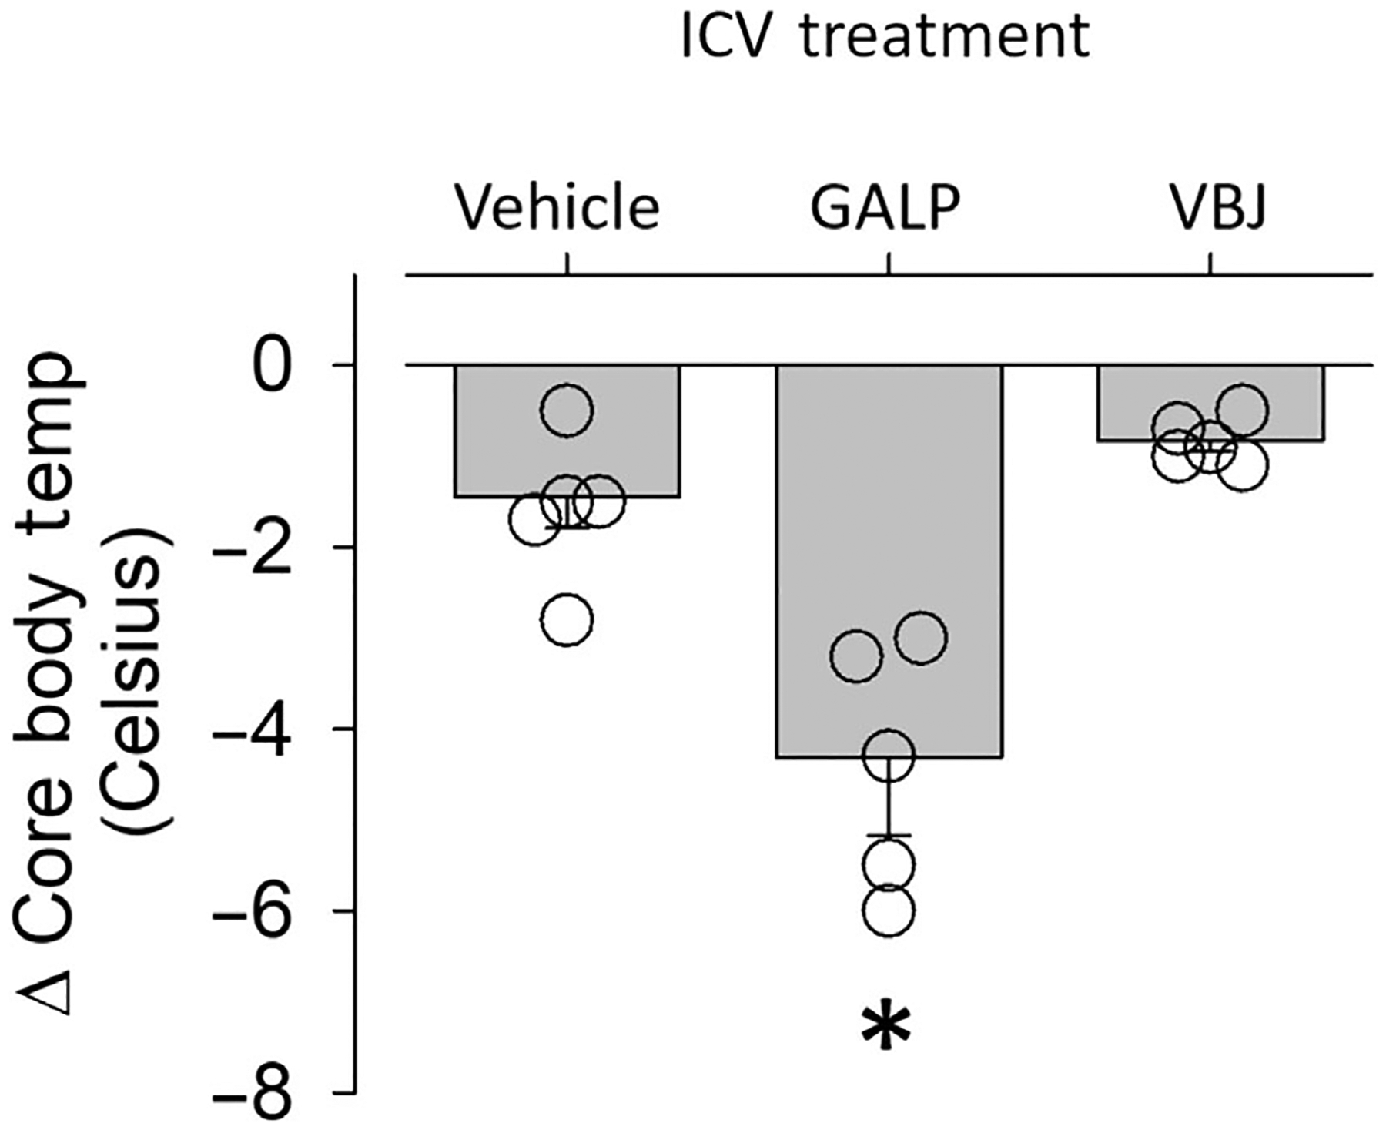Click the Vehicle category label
click(x=557, y=208)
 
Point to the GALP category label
click(x=886, y=208)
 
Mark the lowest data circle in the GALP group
click(x=889, y=911)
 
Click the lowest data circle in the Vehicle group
click(x=567, y=619)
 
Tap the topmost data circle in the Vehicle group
click(x=567, y=409)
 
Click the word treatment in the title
click(x=946, y=37)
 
